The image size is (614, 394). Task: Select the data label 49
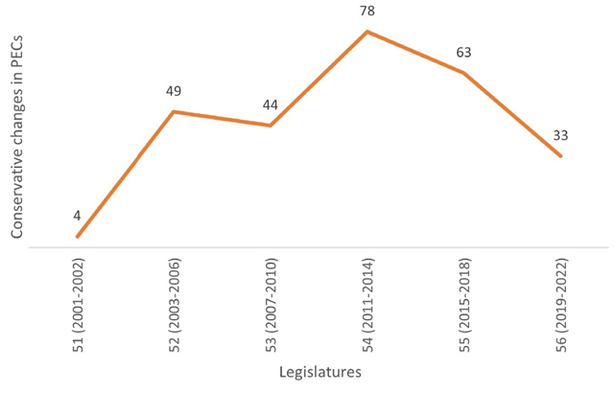[174, 92]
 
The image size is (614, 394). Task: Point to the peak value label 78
[367, 11]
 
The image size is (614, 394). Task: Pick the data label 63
[464, 53]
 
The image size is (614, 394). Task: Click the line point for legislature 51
[77, 236]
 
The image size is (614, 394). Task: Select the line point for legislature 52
[174, 112]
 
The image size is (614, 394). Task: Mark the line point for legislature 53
[271, 126]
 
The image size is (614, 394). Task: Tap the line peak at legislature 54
[367, 32]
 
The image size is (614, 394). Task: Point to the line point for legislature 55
[464, 73]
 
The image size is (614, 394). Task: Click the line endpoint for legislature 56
[561, 156]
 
